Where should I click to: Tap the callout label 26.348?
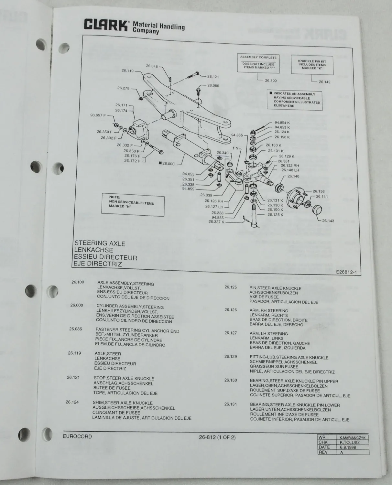coord(152,66)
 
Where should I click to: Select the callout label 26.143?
coord(328,221)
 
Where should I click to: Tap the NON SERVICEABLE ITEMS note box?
coord(131,203)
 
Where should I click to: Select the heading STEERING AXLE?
coord(100,243)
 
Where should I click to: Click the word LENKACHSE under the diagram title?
coord(93,250)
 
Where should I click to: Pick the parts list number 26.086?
coord(76,329)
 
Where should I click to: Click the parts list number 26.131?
coord(231,404)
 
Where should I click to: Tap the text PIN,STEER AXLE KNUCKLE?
coord(275,288)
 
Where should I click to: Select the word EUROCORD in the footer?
coord(77,436)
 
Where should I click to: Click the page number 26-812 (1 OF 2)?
coord(217,437)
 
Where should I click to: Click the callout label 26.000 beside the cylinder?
coord(168,164)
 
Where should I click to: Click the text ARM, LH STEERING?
coord(268,334)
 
